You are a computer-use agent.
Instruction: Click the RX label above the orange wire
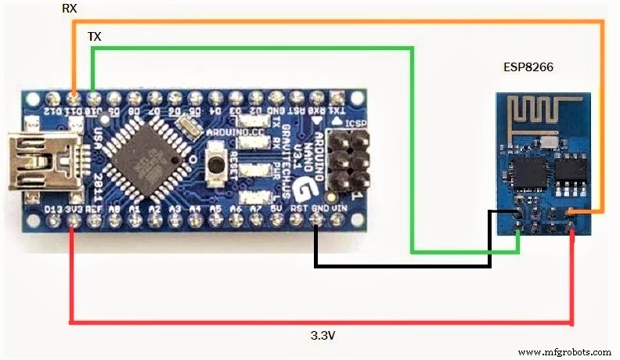click(x=70, y=9)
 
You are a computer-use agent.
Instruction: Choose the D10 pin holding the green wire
click(x=93, y=99)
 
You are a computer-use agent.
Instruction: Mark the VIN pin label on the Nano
click(x=338, y=209)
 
